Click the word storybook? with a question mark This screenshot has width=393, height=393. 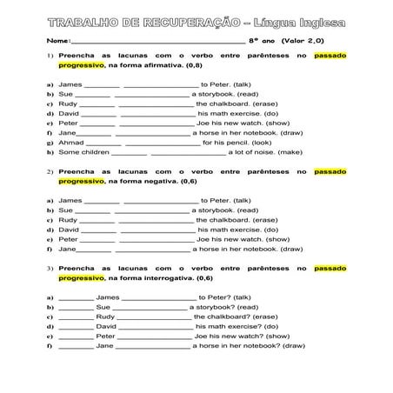click(213, 307)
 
